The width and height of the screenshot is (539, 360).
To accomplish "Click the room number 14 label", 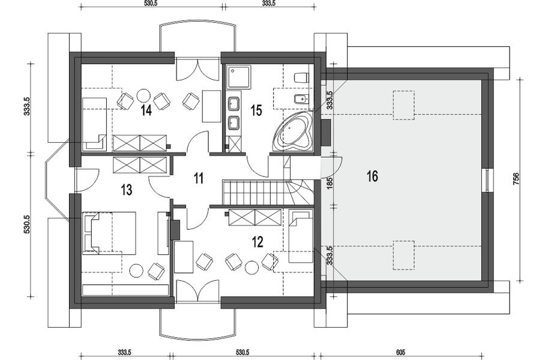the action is point(146,110).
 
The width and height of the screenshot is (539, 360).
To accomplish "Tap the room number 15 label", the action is point(256,110).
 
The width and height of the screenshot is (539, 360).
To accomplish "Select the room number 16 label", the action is point(372,176).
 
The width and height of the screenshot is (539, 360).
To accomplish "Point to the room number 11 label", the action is point(198,179).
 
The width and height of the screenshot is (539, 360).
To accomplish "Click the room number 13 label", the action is point(127,190).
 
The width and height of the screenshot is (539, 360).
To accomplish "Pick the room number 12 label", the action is point(257,242).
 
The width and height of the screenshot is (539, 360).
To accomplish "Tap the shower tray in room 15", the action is point(238,77).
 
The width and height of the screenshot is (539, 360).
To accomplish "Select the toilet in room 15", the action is point(301,77).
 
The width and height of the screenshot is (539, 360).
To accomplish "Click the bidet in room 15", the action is point(301,100).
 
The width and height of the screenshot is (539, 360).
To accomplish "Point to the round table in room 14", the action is point(143,95).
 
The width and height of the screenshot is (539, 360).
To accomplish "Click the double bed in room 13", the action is point(109,233).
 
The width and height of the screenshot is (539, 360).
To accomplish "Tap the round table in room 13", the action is point(136,271).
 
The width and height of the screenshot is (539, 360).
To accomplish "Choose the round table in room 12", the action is point(251,268).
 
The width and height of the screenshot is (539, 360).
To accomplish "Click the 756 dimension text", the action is point(516,179).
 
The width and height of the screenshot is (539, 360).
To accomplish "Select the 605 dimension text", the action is point(400,352).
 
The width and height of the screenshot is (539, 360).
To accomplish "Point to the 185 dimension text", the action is point(330,181).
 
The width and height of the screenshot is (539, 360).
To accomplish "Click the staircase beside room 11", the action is point(268,191).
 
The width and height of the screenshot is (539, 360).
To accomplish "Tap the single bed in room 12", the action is point(301,236).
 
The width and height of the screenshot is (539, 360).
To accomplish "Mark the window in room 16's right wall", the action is point(489,179).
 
